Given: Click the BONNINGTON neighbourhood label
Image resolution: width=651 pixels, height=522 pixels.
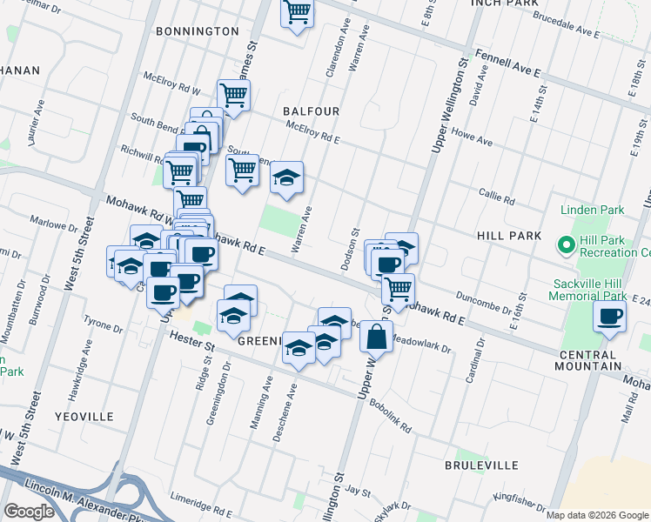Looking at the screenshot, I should pyautogui.click(x=197, y=31).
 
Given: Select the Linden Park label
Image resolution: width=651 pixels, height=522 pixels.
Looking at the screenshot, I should pyautogui.click(x=593, y=211).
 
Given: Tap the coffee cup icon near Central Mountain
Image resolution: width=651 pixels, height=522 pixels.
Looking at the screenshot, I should pyautogui.click(x=609, y=317).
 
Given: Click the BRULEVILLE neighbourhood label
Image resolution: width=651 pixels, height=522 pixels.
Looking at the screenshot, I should pyautogui.click(x=480, y=466).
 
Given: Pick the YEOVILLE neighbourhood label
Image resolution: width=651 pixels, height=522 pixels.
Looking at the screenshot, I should pyautogui.click(x=84, y=417).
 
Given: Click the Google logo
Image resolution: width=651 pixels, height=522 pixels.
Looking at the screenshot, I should pyautogui.click(x=29, y=512).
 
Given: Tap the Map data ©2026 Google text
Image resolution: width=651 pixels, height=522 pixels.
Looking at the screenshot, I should pyautogui.click(x=597, y=515).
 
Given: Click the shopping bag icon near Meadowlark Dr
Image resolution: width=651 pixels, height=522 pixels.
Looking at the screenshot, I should pyautogui.click(x=377, y=337).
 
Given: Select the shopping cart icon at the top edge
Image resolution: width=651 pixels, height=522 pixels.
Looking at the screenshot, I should pyautogui.click(x=297, y=13).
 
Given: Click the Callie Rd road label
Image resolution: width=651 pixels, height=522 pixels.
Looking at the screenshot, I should pyautogui.click(x=496, y=197).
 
